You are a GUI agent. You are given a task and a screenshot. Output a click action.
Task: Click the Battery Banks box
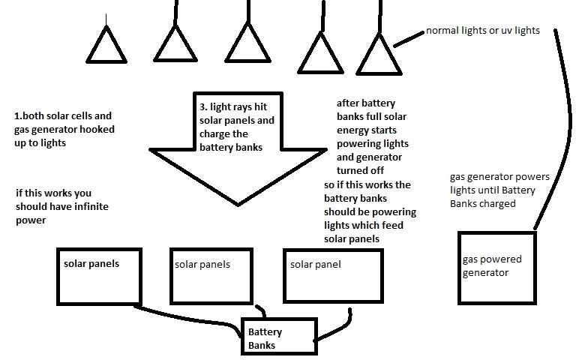(278, 335)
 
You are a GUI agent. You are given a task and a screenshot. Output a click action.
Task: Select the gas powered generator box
(496, 267)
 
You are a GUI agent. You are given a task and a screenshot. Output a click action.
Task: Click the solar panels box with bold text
(100, 275)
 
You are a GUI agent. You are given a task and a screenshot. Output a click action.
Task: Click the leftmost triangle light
(106, 47)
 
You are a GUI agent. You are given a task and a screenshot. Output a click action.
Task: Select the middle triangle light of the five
(247, 44)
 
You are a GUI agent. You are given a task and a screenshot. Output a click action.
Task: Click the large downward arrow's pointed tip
(238, 202)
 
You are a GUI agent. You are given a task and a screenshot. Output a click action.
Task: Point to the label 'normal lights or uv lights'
(482, 31)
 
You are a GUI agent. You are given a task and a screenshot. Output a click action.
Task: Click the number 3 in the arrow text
(203, 108)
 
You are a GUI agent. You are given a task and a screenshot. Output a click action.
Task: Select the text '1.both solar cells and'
(63, 116)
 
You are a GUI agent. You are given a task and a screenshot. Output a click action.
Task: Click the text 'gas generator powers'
(499, 177)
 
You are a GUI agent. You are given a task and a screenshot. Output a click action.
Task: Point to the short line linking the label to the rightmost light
(409, 38)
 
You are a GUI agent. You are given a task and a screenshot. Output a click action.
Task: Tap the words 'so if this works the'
(367, 184)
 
